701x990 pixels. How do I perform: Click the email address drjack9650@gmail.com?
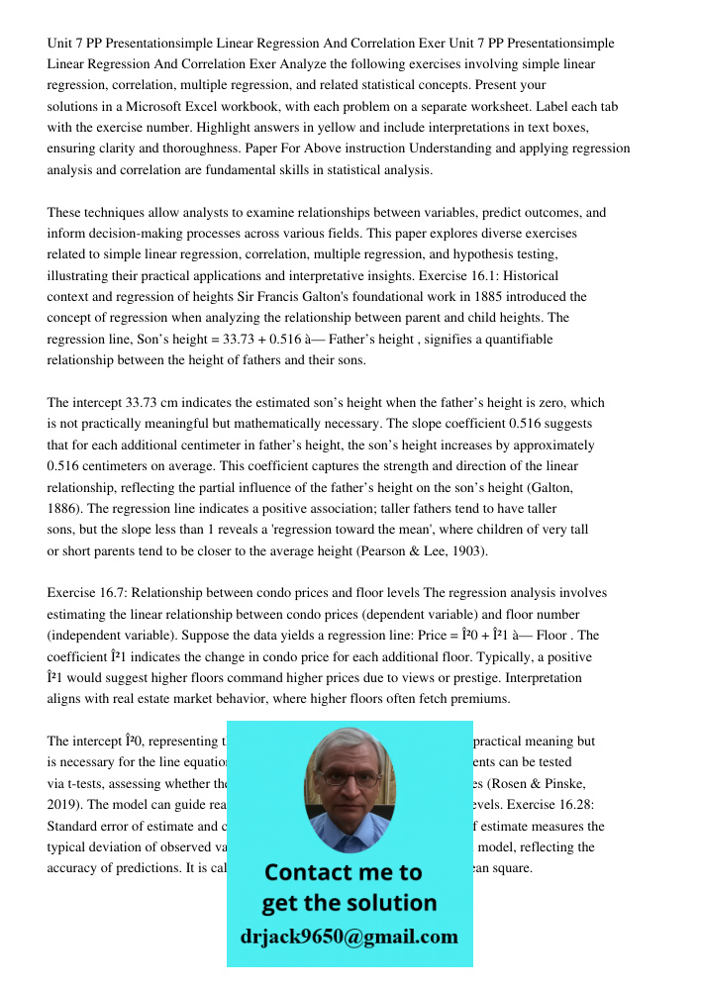350,937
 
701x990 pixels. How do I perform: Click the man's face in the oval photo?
349,782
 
